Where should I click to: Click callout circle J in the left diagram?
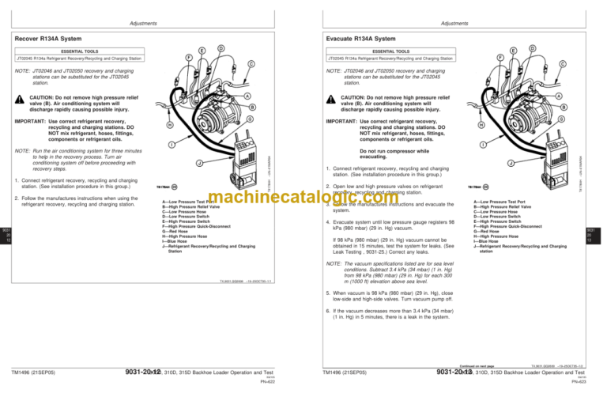(200, 164)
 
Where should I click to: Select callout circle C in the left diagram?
(251, 63)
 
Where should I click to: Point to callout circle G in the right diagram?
(560, 119)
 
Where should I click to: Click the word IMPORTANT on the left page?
(30, 122)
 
